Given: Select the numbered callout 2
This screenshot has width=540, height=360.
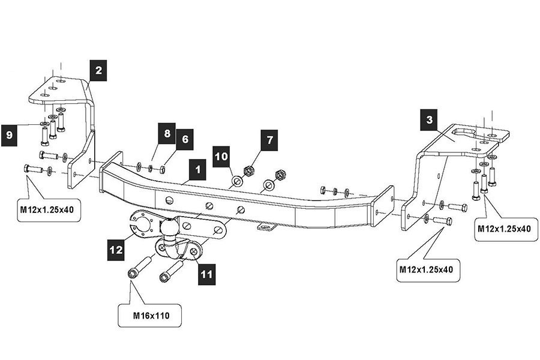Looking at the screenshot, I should pyautogui.click(x=98, y=70).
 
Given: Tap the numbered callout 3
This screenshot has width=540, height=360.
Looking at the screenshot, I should pyautogui.click(x=429, y=120).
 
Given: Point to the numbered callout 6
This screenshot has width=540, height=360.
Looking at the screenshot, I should pyautogui.click(x=185, y=139).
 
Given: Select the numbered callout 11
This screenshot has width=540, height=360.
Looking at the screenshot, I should pyautogui.click(x=207, y=274).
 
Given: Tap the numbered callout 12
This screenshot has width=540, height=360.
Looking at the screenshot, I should pyautogui.click(x=118, y=247).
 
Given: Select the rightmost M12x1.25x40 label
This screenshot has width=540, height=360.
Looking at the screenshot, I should pyautogui.click(x=504, y=229).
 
